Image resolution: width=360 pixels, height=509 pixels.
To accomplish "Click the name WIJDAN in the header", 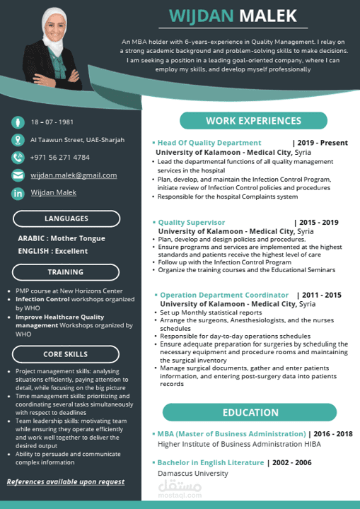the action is (x=201, y=17).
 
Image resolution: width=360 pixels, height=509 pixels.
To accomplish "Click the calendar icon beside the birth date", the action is (x=18, y=122).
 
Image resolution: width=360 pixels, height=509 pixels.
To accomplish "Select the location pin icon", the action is (x=18, y=140).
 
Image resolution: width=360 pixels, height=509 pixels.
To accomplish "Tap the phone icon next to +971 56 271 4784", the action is (x=18, y=157).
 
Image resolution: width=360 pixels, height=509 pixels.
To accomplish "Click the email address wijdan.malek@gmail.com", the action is (x=74, y=175).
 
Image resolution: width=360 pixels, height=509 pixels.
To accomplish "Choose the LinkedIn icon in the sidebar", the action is (x=18, y=193).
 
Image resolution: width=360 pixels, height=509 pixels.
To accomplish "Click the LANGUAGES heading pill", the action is (x=66, y=218).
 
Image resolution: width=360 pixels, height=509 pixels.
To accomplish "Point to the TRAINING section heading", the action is (x=66, y=271).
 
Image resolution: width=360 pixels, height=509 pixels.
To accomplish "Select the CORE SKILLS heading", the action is (x=66, y=354).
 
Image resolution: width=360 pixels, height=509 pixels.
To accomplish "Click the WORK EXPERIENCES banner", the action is (x=253, y=121).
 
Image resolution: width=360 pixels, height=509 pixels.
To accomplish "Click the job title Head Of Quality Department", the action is (x=209, y=143).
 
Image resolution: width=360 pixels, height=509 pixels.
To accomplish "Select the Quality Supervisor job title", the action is (x=192, y=222).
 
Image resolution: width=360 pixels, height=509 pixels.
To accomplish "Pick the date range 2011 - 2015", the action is (x=319, y=295).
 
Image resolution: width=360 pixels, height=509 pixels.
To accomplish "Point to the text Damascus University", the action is (x=192, y=472).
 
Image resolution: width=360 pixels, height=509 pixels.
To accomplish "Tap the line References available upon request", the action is (x=66, y=482).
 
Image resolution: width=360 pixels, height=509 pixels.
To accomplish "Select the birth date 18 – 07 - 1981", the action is (x=52, y=122).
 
